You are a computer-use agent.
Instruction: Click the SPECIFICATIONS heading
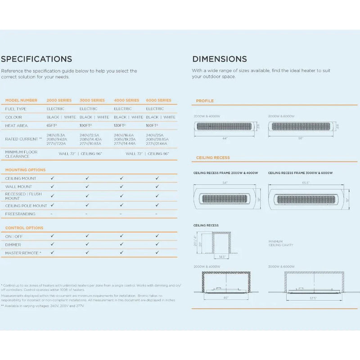tap(36, 59)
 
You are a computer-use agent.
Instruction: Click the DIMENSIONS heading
tap(220, 59)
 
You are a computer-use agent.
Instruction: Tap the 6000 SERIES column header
tap(158, 100)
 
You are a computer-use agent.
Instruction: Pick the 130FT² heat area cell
tap(120, 126)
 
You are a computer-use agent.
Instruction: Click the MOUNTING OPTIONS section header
tap(25, 170)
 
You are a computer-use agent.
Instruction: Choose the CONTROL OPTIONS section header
tap(24, 228)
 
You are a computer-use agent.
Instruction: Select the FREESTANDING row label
tap(20, 214)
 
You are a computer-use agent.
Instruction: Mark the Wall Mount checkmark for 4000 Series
tap(121, 186)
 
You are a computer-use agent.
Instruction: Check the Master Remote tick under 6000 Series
tap(157, 253)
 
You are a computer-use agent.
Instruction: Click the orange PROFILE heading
tap(205, 101)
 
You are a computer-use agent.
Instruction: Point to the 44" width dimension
tap(225, 139)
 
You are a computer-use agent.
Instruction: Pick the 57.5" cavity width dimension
tap(314, 298)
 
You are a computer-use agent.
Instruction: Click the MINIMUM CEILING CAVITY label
tap(281, 243)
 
